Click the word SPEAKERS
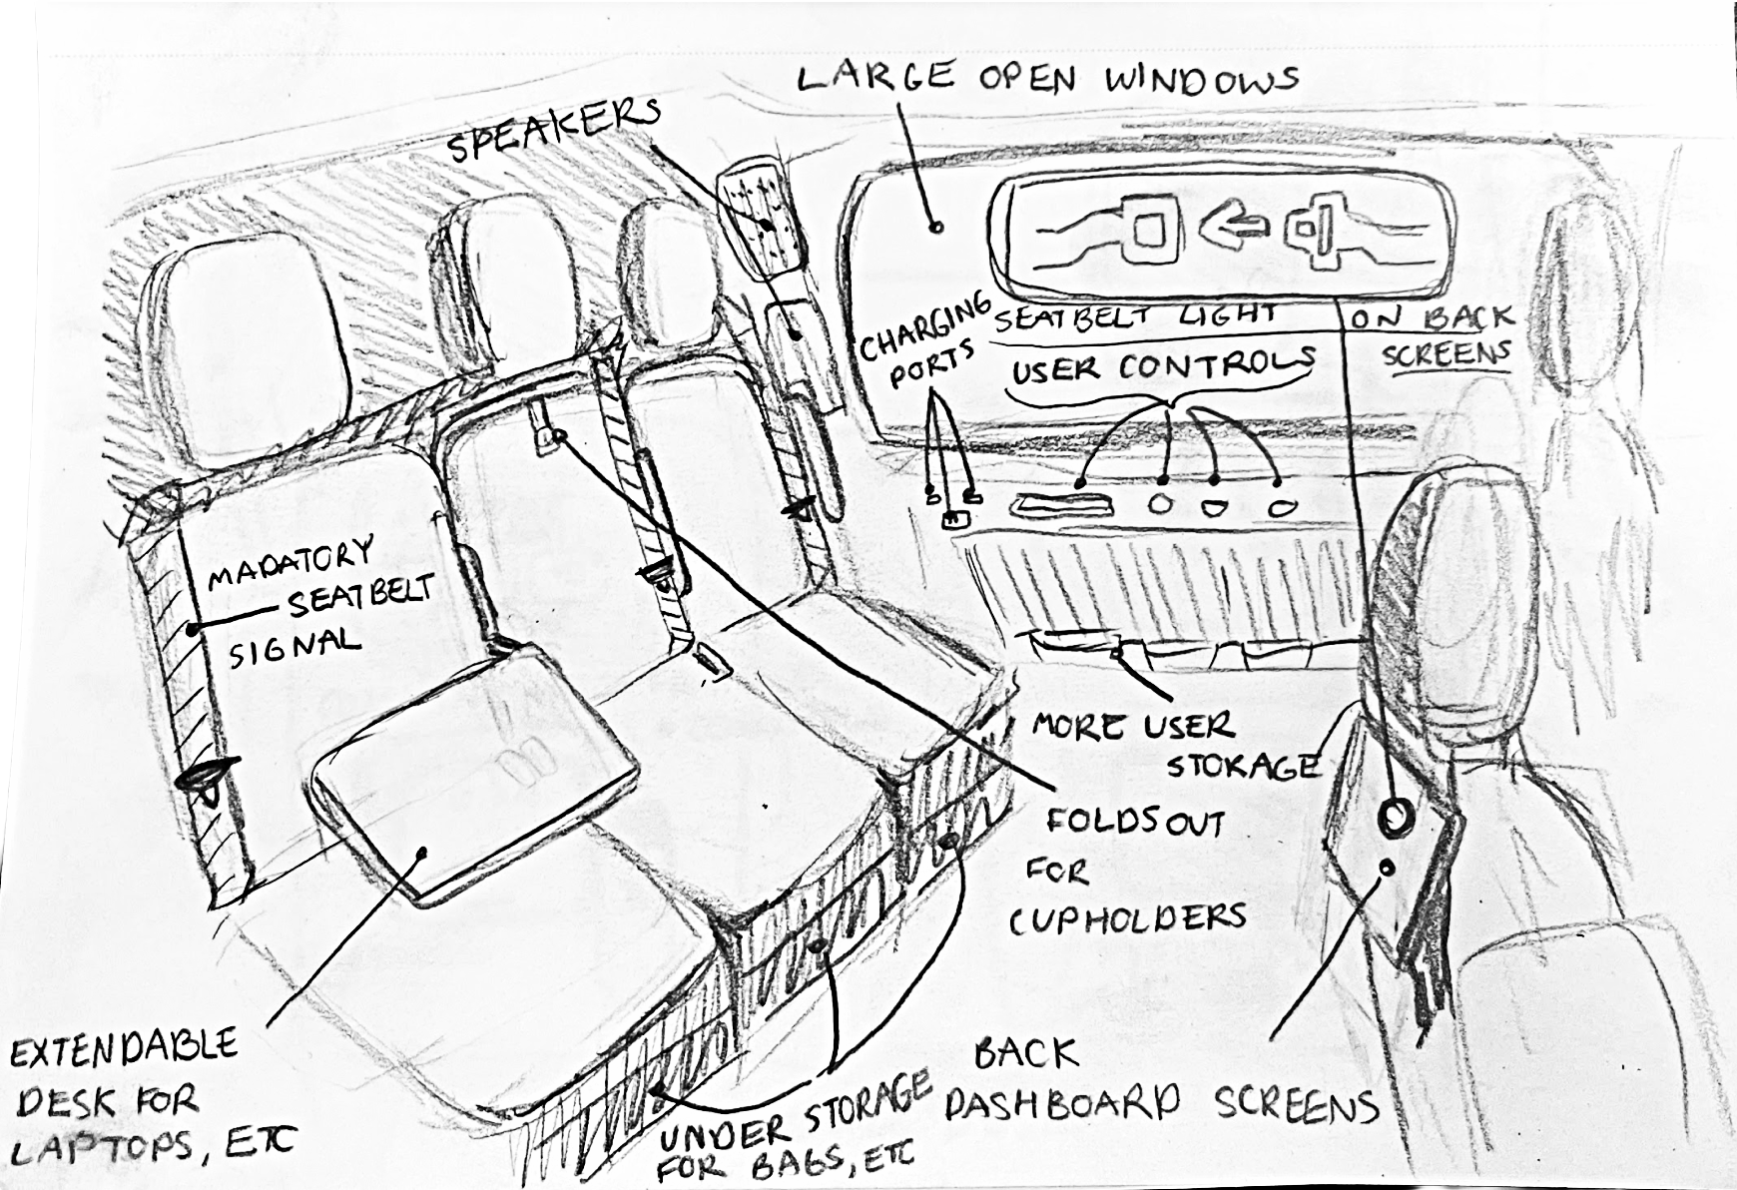point(552,131)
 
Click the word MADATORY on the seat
point(289,563)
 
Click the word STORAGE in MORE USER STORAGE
point(1242,766)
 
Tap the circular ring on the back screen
point(1395,817)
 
